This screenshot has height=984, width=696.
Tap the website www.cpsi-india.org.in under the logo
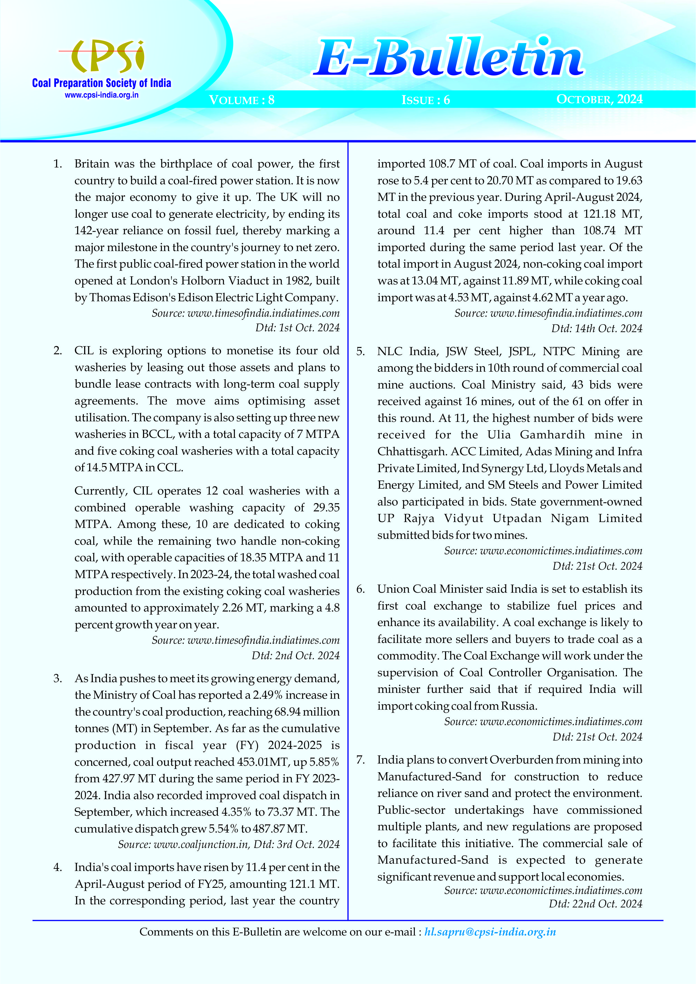pyautogui.click(x=102, y=95)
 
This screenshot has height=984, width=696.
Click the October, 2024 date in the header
pyautogui.click(x=599, y=99)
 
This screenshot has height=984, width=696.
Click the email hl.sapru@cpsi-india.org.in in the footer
pyautogui.click(x=490, y=932)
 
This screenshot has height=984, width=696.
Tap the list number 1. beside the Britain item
pyautogui.click(x=58, y=164)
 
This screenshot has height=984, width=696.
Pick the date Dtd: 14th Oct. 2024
pyautogui.click(x=596, y=329)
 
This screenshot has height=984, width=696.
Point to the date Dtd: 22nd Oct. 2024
pyautogui.click(x=595, y=904)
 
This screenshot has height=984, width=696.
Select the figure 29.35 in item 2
pyautogui.click(x=326, y=507)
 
